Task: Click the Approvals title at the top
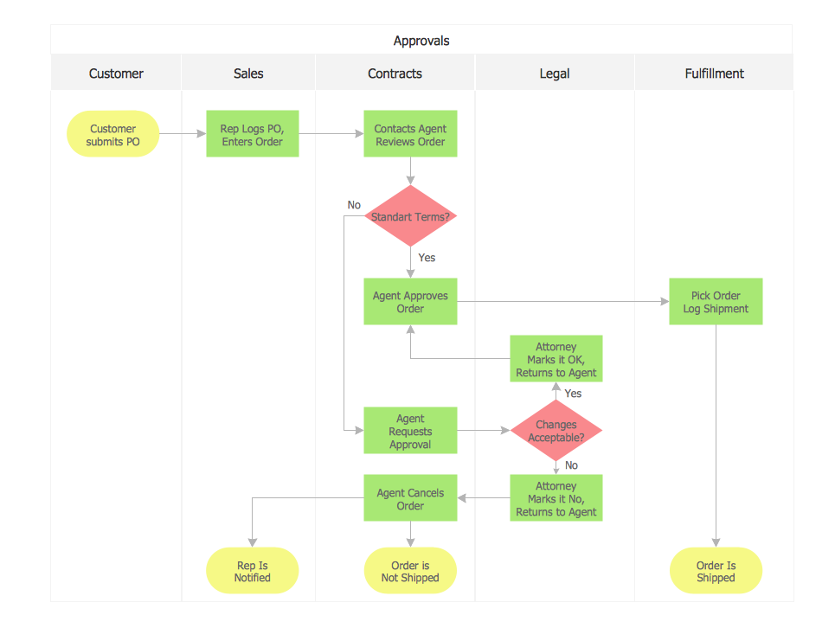[x=421, y=41]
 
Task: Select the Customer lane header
[x=116, y=74]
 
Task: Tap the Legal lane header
[x=555, y=74]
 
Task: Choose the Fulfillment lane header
[x=714, y=74]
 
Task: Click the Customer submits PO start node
[x=113, y=135]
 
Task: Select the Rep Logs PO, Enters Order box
[x=252, y=135]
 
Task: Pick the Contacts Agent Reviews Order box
[x=410, y=135]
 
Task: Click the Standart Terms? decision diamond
[x=410, y=216]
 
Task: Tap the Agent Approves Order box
[x=410, y=302]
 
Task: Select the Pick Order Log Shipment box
[x=716, y=302]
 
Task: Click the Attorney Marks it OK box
[x=556, y=360]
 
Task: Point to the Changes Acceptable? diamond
[x=556, y=431]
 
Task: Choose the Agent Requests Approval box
[x=410, y=431]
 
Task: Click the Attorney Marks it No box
[x=556, y=499]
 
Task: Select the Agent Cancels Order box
[x=410, y=499]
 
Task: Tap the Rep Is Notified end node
[x=252, y=572]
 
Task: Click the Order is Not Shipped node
[x=410, y=572]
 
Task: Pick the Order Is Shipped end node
[x=716, y=572]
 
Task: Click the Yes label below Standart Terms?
[x=427, y=258]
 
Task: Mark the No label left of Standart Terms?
[x=354, y=205]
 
